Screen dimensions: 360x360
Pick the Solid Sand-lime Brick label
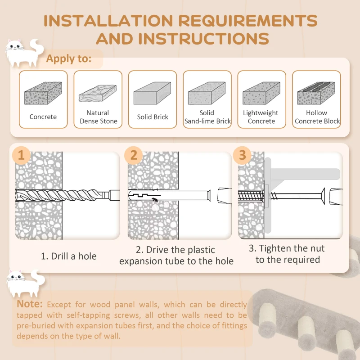click(207, 117)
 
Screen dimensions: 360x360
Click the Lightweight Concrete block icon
click(261, 94)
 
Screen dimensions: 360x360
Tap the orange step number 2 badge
click(134, 155)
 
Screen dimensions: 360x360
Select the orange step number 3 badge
click(243, 155)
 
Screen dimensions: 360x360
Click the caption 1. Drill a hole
click(68, 256)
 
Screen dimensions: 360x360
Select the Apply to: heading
click(68, 58)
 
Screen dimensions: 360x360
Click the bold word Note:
click(30, 304)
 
